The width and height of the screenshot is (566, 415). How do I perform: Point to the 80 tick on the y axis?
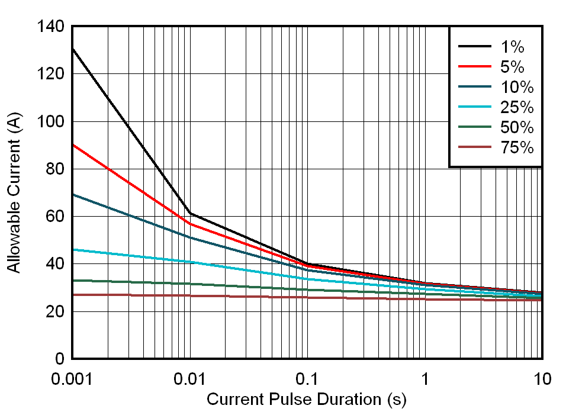point(54,169)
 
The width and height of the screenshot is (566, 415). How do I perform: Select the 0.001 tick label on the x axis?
point(72,378)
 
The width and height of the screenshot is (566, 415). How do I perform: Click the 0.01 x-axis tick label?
point(189,378)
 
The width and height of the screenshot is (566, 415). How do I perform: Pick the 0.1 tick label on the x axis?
point(307,378)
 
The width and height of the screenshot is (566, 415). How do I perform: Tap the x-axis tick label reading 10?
point(542,378)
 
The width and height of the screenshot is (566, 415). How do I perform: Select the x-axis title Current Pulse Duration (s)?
point(307,400)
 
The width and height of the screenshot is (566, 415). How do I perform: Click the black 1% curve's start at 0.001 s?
point(72,49)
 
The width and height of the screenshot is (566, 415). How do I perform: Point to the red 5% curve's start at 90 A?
point(72,144)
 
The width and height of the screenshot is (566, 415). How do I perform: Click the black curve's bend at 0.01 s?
point(189,213)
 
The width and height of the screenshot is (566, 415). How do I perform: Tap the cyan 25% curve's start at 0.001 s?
point(72,249)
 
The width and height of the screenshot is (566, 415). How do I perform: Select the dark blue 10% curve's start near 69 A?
point(72,194)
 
